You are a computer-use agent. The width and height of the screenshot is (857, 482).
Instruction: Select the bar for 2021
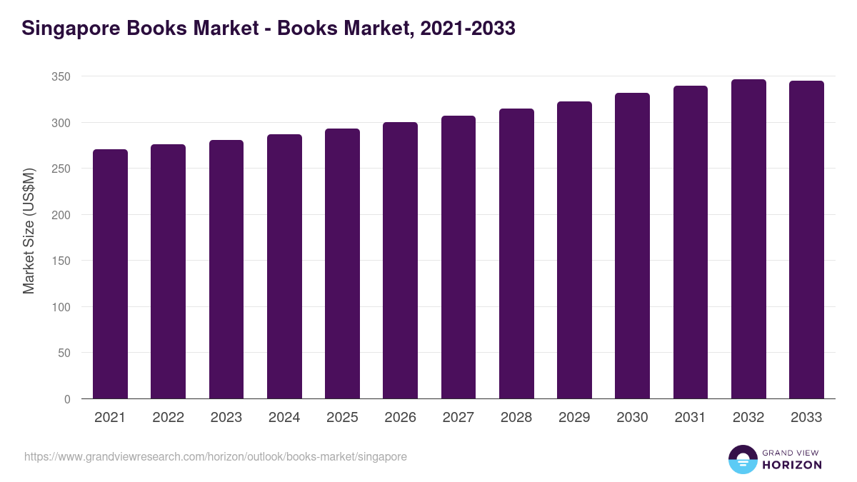click(110, 274)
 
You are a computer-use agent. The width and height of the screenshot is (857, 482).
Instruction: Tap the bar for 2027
click(458, 257)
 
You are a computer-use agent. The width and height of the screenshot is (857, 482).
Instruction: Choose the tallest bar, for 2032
click(748, 239)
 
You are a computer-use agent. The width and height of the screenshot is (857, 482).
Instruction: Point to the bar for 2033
click(806, 240)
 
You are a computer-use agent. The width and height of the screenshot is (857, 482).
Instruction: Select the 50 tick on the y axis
click(64, 353)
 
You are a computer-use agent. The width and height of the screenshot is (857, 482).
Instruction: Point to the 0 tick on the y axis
click(67, 399)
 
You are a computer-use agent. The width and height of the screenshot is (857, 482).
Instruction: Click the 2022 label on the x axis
click(168, 418)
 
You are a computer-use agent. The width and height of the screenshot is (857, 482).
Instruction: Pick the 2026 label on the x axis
click(400, 418)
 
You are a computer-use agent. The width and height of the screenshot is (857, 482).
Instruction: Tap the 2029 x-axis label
click(574, 418)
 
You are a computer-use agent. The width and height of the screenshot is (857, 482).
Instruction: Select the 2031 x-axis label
click(691, 418)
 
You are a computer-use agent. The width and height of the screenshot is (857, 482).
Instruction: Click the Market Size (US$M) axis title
click(29, 231)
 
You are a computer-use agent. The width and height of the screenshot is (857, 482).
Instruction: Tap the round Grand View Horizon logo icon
click(743, 459)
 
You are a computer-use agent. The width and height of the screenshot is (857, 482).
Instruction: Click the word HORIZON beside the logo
click(792, 465)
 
